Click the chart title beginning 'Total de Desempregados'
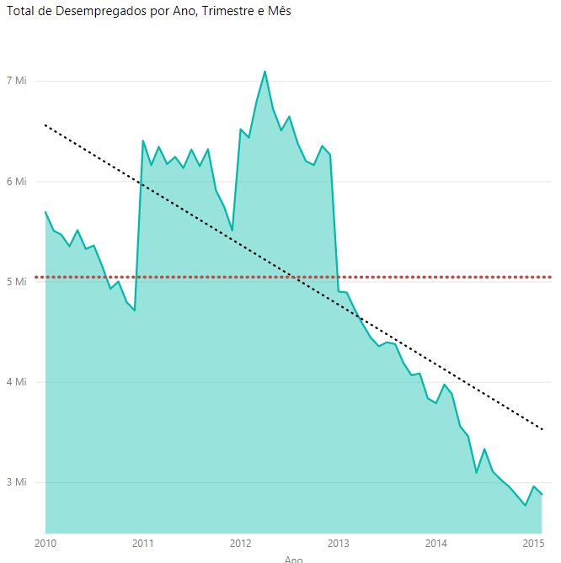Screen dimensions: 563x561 (148, 15)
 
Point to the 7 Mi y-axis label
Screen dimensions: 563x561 (17, 81)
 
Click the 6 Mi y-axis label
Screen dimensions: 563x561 (17, 181)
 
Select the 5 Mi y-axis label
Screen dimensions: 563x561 (17, 281)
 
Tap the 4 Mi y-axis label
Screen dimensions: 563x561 (17, 382)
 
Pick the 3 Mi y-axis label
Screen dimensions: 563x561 (17, 482)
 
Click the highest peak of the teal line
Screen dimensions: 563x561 (265, 72)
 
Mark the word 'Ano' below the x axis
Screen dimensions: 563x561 (293, 559)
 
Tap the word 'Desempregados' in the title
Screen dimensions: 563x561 (89, 15)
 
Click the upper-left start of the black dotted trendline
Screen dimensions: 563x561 (45, 125)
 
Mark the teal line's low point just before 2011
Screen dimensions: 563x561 (134, 311)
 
